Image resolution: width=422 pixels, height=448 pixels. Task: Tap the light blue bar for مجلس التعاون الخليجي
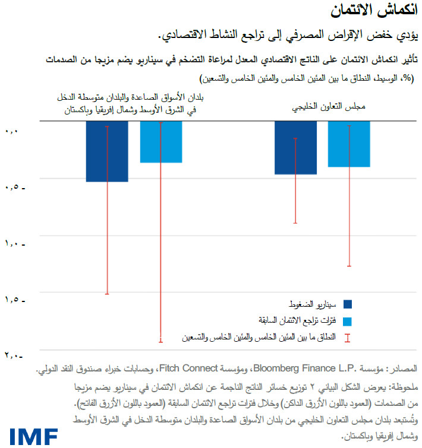coord(349,144)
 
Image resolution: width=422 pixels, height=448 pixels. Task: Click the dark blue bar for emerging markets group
coord(107,151)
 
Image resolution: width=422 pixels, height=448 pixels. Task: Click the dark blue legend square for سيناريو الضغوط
coord(348,304)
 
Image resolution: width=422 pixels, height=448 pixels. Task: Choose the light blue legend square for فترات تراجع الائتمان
coord(348,321)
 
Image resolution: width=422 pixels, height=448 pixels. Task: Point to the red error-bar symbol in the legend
coord(348,338)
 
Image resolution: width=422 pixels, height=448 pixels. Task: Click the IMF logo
coord(33,437)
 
